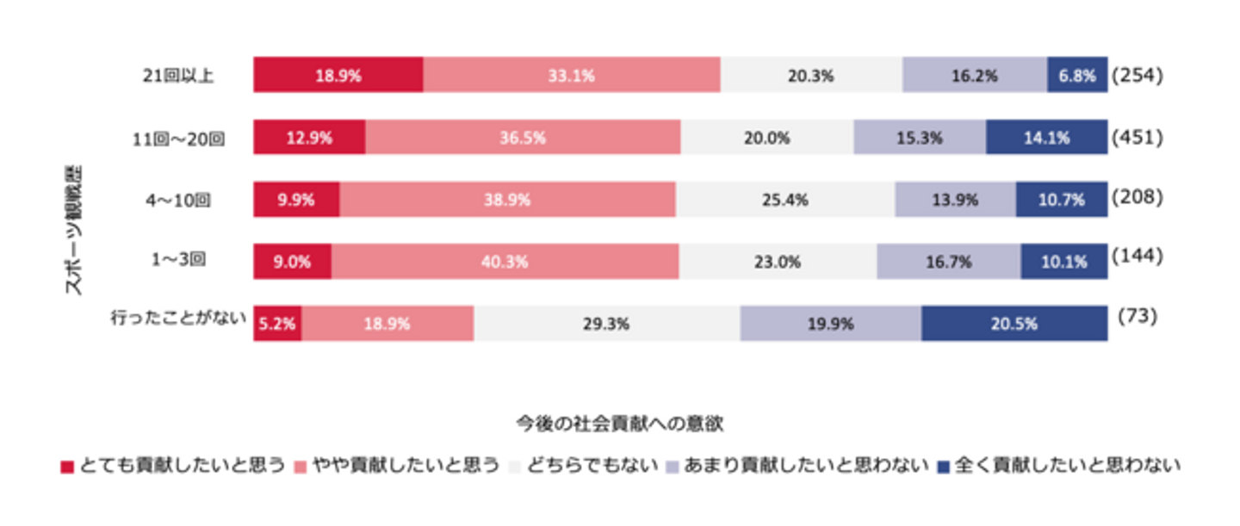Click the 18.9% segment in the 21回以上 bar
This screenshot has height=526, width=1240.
coord(338,75)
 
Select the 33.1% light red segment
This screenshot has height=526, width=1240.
coord(571,75)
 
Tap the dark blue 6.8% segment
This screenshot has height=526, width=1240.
coord(1077,75)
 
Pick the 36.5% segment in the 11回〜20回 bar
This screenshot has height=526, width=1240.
coord(523,137)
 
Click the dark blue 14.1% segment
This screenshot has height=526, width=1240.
coord(1046,137)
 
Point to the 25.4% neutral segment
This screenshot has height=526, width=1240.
coord(784,200)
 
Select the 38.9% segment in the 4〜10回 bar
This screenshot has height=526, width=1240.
coord(507,200)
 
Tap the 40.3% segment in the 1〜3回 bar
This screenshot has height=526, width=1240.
coord(505,262)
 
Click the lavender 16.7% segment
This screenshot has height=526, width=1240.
coord(948,262)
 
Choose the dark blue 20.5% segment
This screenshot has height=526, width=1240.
coord(1014,325)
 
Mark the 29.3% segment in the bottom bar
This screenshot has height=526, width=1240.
coord(606,325)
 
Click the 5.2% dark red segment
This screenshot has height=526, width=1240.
coord(277,325)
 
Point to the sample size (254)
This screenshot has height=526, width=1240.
coord(1137,75)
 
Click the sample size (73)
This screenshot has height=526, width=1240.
coord(1137,317)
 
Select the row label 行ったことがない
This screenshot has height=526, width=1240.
coord(173,319)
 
